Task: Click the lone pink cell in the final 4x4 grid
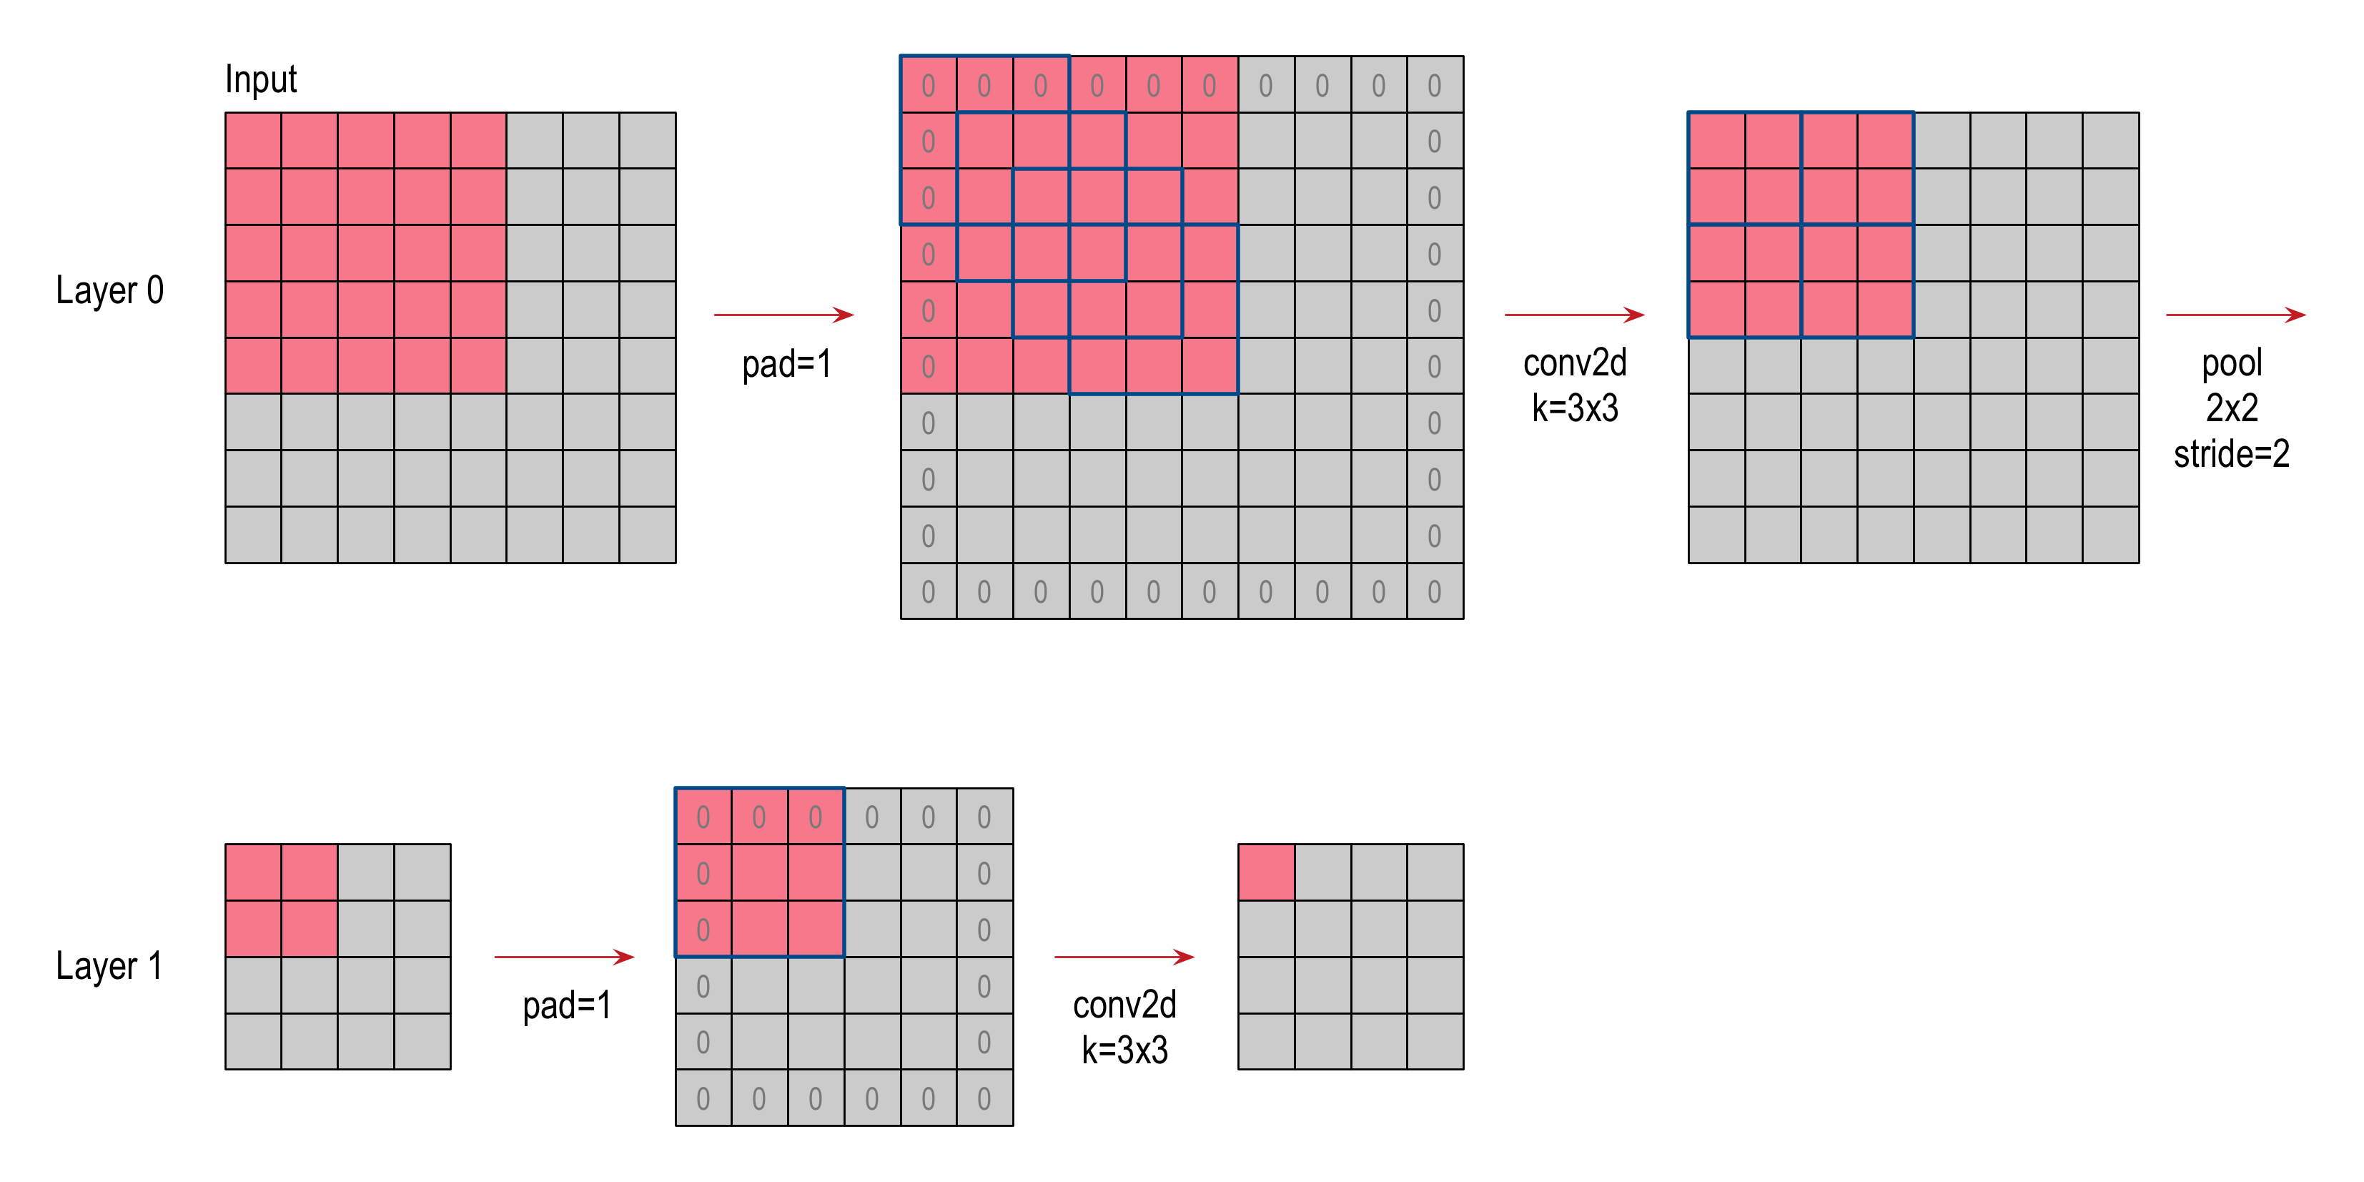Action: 1267,872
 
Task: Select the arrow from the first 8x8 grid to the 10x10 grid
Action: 783,315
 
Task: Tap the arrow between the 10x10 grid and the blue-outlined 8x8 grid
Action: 1574,315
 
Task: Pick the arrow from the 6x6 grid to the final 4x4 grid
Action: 1124,957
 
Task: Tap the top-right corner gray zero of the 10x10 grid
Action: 1435,85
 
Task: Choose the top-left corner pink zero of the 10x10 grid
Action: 928,85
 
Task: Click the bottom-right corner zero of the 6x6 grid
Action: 984,1098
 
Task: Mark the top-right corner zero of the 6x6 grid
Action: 984,817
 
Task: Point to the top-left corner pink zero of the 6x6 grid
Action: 703,817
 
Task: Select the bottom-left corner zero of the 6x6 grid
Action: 703,1098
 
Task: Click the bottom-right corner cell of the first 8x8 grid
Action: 647,534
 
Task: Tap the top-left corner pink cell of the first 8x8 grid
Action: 253,140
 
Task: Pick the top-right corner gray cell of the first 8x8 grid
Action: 647,140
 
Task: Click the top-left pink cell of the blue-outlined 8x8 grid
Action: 1717,140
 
